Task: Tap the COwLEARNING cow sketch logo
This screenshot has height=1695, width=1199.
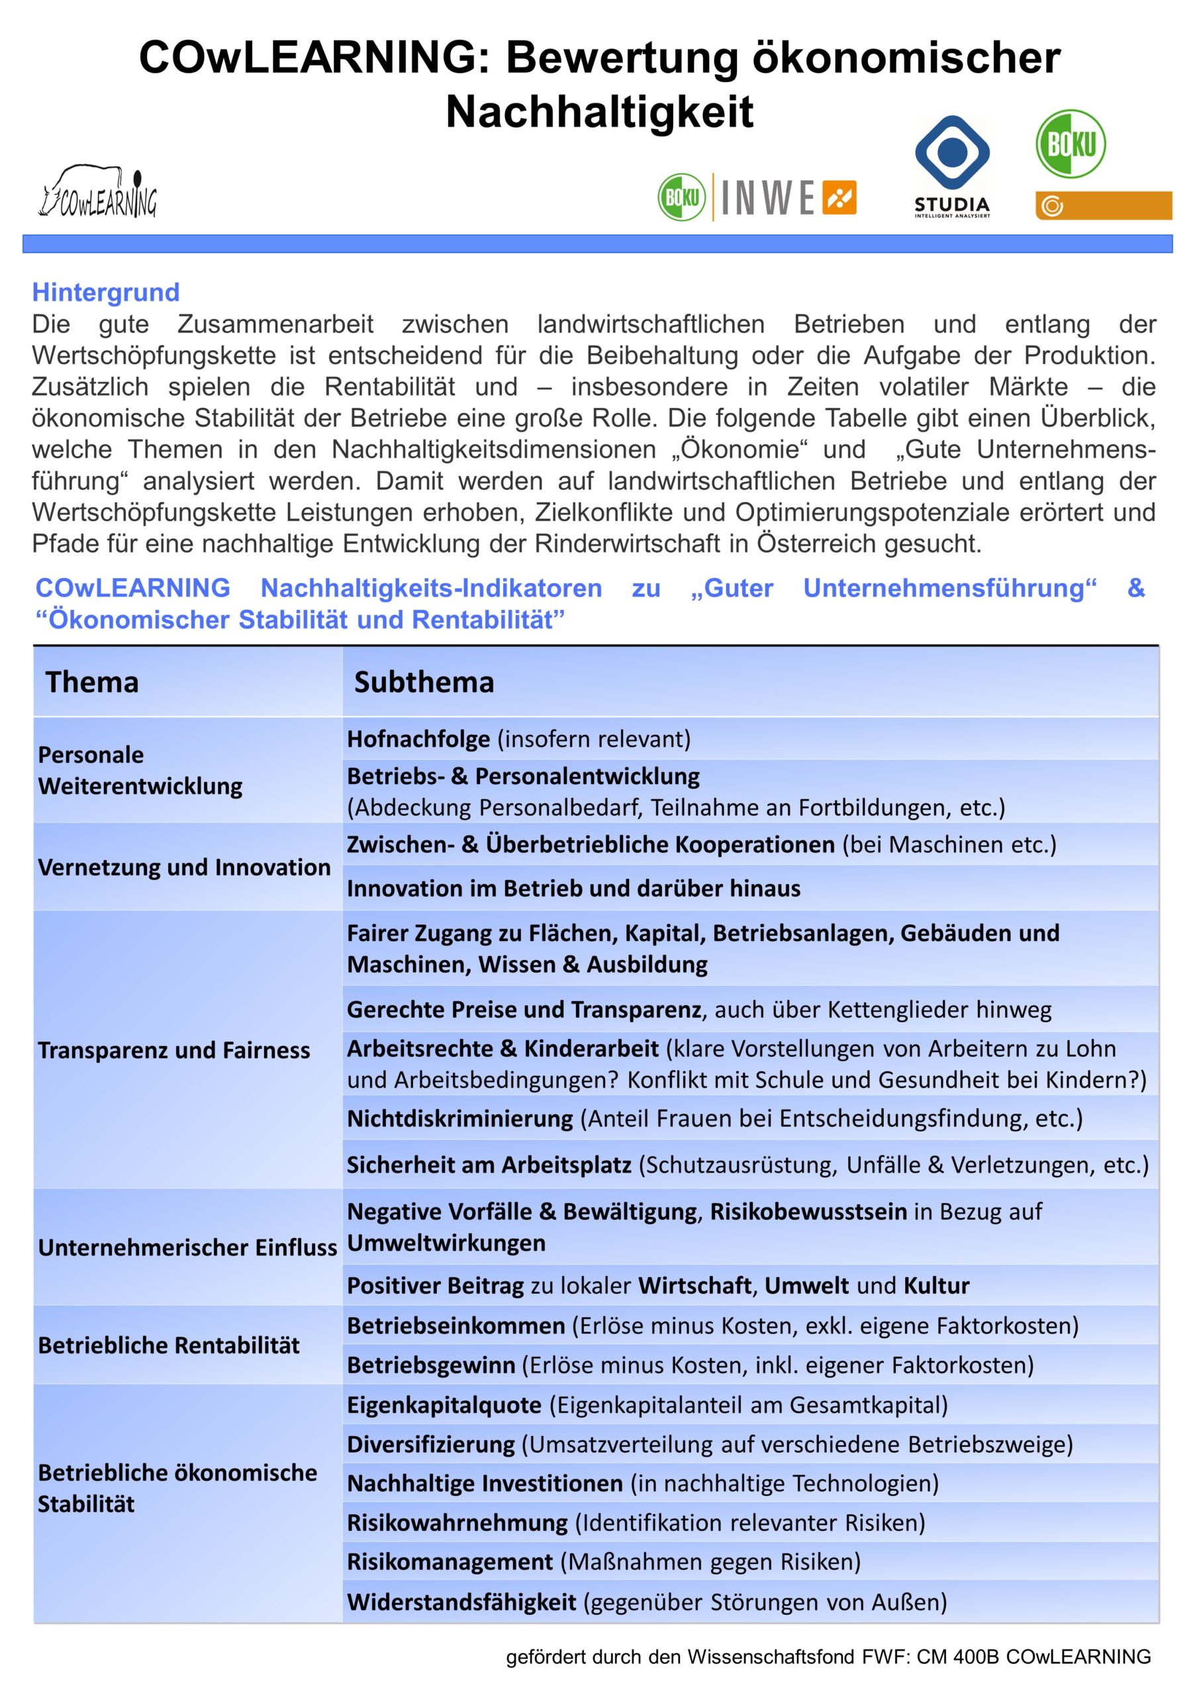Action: pyautogui.click(x=97, y=192)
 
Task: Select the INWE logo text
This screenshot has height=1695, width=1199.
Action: pyautogui.click(x=767, y=198)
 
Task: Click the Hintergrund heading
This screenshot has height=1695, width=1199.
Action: pyautogui.click(x=105, y=293)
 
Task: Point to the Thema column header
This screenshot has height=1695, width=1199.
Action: pyautogui.click(x=92, y=682)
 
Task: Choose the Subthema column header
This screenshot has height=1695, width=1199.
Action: pyautogui.click(x=424, y=682)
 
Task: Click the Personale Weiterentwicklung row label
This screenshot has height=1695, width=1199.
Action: pyautogui.click(x=140, y=770)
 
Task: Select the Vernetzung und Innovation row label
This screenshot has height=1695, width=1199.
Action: pyautogui.click(x=184, y=867)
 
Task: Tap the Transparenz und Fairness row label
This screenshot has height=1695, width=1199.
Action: pyautogui.click(x=173, y=1050)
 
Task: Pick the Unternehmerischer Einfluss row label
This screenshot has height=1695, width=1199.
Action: pyautogui.click(x=187, y=1247)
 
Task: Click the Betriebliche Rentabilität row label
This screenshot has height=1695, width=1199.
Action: pyautogui.click(x=168, y=1345)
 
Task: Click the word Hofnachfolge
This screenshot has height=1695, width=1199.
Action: pyautogui.click(x=418, y=739)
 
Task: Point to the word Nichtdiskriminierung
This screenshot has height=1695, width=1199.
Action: pyautogui.click(x=460, y=1118)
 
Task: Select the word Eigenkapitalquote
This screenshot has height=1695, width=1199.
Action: pyautogui.click(x=444, y=1405)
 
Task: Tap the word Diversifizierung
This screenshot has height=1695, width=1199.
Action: pyautogui.click(x=431, y=1444)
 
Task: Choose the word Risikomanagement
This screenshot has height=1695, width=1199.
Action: pyautogui.click(x=450, y=1561)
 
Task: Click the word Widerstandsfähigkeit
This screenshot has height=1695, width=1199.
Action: pyautogui.click(x=461, y=1602)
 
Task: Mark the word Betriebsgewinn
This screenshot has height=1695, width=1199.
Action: pyautogui.click(x=431, y=1365)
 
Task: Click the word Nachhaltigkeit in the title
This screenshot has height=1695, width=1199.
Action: pyautogui.click(x=600, y=112)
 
